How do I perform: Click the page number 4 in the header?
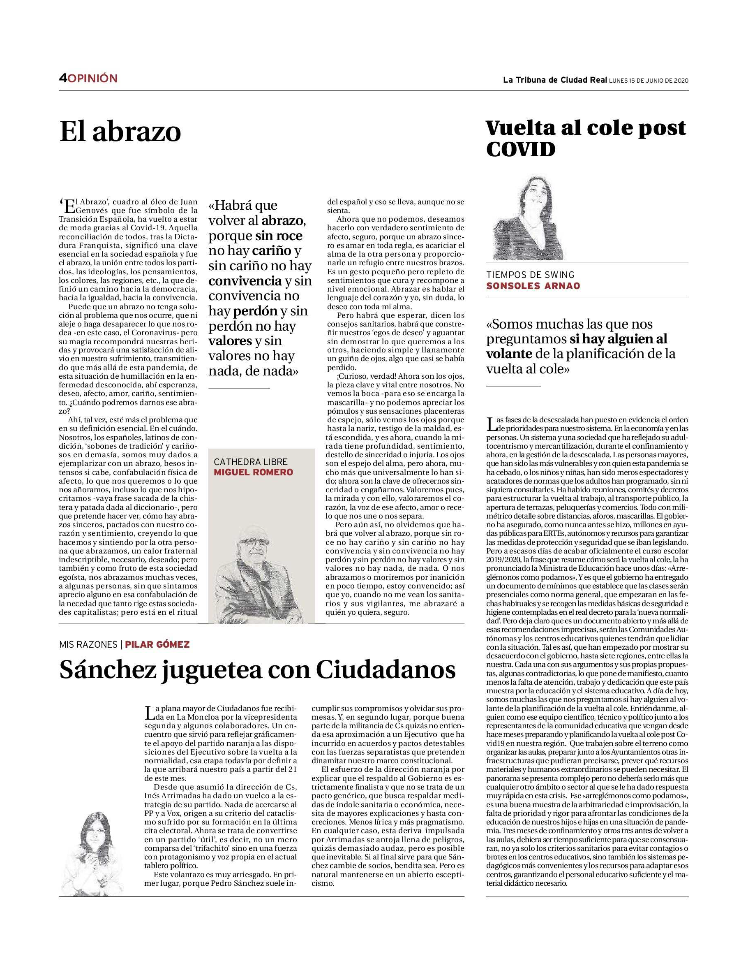click(x=62, y=79)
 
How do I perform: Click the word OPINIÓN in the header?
click(x=92, y=79)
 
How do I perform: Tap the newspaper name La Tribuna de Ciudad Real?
click(x=554, y=80)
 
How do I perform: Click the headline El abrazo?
click(x=120, y=132)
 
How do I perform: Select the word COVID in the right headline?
click(x=520, y=150)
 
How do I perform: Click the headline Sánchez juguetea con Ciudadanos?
click(x=257, y=670)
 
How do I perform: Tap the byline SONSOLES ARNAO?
click(x=533, y=285)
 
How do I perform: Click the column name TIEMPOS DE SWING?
click(x=530, y=275)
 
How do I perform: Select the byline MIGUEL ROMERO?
click(x=253, y=472)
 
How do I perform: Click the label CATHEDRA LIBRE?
click(x=251, y=461)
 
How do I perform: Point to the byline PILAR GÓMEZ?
click(x=157, y=644)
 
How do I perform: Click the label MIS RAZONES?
click(x=88, y=644)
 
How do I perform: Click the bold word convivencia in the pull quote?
click(x=245, y=281)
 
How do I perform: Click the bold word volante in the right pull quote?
click(x=509, y=354)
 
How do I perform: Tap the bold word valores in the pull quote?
click(x=230, y=341)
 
